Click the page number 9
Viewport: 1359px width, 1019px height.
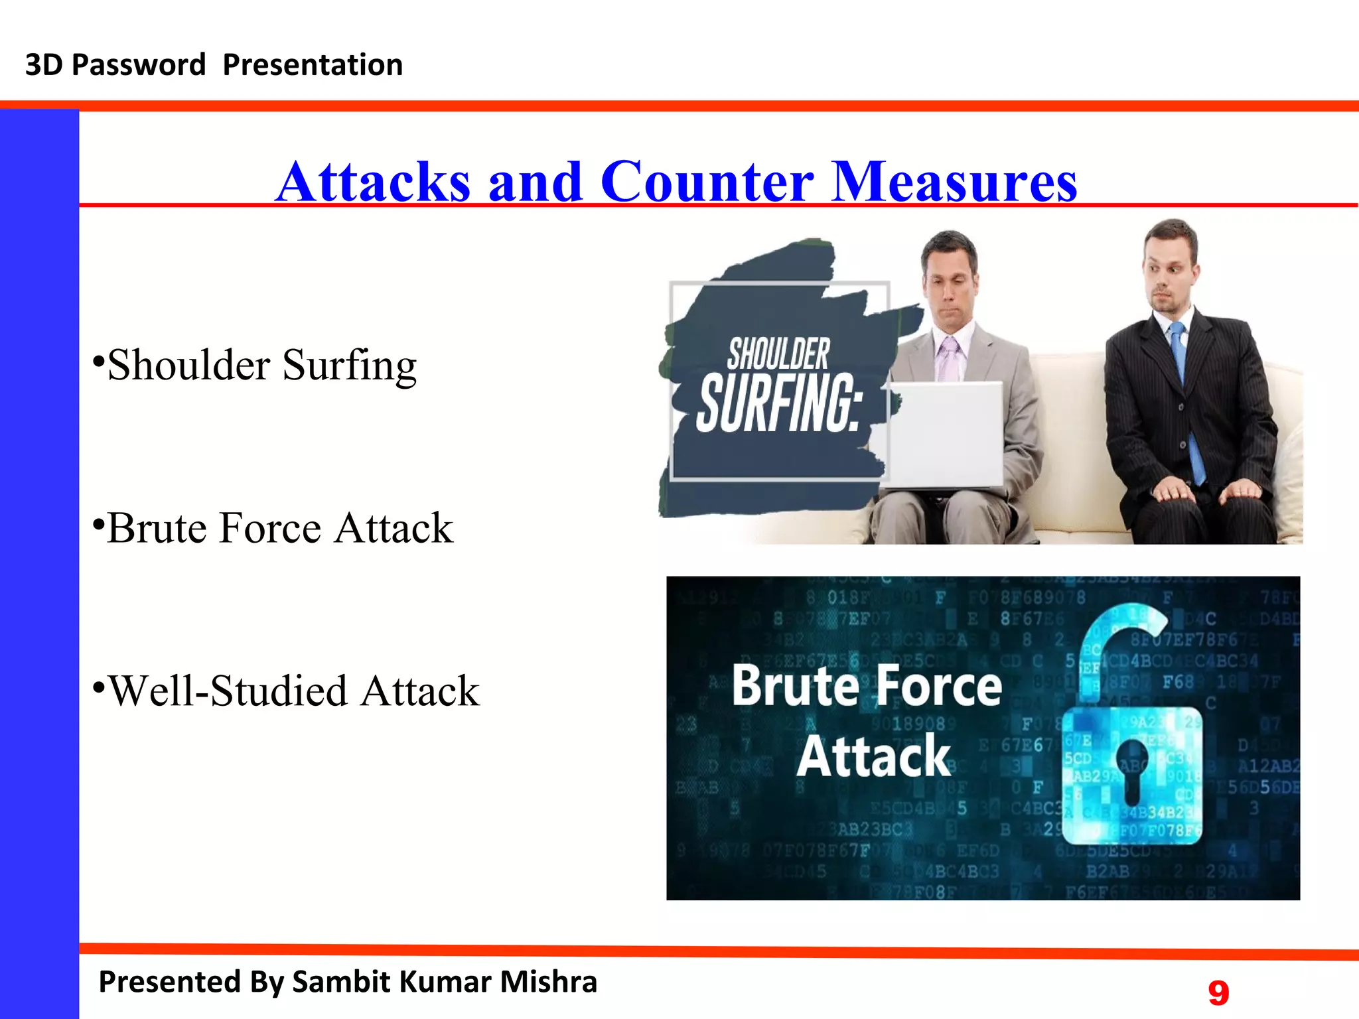click(1218, 993)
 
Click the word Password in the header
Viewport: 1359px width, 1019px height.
click(139, 65)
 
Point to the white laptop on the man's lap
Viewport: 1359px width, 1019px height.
click(946, 435)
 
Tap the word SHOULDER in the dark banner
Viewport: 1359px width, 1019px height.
click(778, 354)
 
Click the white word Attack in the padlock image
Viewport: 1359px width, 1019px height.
click(874, 756)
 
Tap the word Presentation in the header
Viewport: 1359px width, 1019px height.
click(313, 65)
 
